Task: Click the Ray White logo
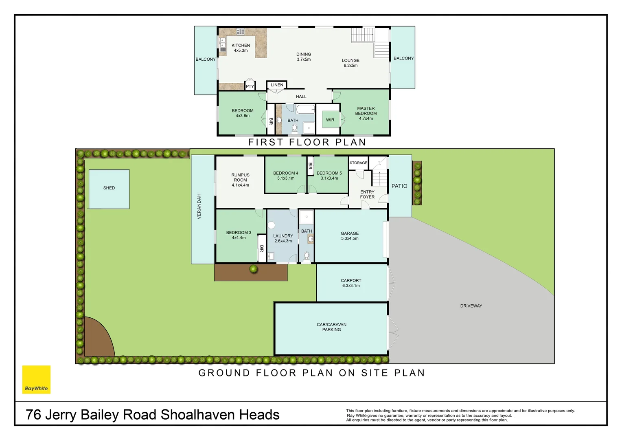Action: pyautogui.click(x=36, y=380)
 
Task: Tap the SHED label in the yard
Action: pyautogui.click(x=109, y=188)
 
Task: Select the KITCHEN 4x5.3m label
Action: pyautogui.click(x=241, y=48)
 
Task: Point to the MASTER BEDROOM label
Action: pyautogui.click(x=366, y=114)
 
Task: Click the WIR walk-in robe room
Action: pyautogui.click(x=330, y=120)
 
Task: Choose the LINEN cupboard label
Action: pyautogui.click(x=277, y=85)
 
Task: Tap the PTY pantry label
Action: pyautogui.click(x=250, y=86)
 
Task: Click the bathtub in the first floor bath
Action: pyautogui.click(x=305, y=109)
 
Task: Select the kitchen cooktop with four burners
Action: pyautogui.click(x=241, y=32)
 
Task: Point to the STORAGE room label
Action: pyautogui.click(x=358, y=163)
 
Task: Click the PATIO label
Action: pyautogui.click(x=399, y=186)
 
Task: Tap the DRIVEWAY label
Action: pyautogui.click(x=471, y=306)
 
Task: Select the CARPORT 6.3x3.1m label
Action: pyautogui.click(x=351, y=283)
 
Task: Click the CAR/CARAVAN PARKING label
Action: pyautogui.click(x=331, y=327)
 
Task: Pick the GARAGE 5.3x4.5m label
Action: pyautogui.click(x=350, y=236)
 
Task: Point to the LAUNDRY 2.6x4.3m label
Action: pyautogui.click(x=283, y=238)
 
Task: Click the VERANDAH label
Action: pyautogui.click(x=199, y=207)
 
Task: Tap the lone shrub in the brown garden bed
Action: pyautogui.click(x=254, y=269)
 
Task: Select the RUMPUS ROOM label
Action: pyautogui.click(x=240, y=180)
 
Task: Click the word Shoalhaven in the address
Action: pyautogui.click(x=197, y=415)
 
